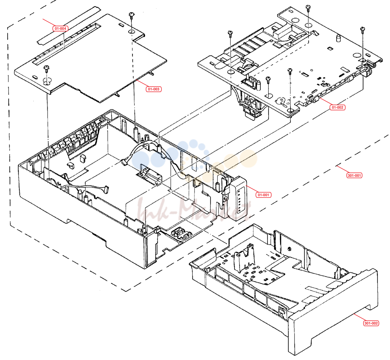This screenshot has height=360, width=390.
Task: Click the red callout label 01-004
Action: click(60, 29)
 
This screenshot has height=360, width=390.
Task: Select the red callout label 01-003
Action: click(154, 89)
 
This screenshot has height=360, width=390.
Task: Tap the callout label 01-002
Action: click(337, 108)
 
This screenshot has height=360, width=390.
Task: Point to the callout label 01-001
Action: click(263, 195)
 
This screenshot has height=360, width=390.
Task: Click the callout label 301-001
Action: click(354, 176)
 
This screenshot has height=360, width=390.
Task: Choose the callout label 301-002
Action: click(371, 323)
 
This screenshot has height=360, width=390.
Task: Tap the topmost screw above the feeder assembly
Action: click(308, 8)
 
